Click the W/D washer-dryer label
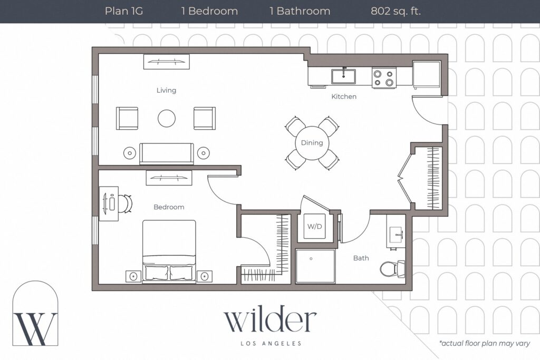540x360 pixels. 314,227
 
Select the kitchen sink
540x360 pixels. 343,76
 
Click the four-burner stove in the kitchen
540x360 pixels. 384,78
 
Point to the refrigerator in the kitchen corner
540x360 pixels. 427,74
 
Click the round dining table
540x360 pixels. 312,143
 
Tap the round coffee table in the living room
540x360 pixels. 167,118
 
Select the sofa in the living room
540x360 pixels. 166,153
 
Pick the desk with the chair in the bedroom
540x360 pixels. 110,203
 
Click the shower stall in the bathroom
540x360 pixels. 315,266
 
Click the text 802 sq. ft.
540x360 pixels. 396,11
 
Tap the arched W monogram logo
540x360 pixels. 35,315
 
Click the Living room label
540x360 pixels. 166,90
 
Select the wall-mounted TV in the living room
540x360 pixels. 166,62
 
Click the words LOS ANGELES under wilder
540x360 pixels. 270,344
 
